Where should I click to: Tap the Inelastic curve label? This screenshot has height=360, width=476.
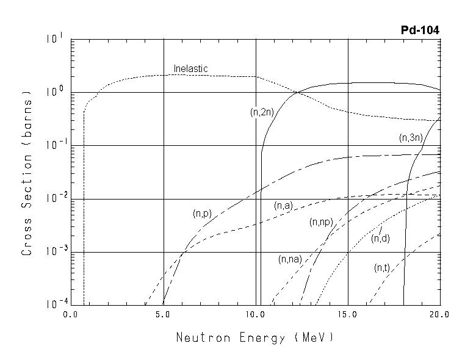point(190,68)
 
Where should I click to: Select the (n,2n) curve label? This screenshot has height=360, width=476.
point(262,112)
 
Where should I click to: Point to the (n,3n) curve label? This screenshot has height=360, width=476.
point(411,138)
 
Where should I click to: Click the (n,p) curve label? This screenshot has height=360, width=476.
point(202,214)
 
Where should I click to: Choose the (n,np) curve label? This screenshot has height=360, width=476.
point(320,221)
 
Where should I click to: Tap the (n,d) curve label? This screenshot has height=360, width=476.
point(380,238)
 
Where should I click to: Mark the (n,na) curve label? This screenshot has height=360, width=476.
point(290,259)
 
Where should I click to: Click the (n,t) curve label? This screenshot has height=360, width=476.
point(382,267)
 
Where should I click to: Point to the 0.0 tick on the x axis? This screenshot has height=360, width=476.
point(72,315)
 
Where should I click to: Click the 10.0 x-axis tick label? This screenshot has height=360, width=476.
point(256,315)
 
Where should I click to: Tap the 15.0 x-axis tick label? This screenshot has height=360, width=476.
point(348,315)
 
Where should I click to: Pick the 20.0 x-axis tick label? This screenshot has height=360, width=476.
point(439,315)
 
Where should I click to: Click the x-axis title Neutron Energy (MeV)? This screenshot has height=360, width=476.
point(255,337)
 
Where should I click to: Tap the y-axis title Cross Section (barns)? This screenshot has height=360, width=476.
point(27,173)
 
